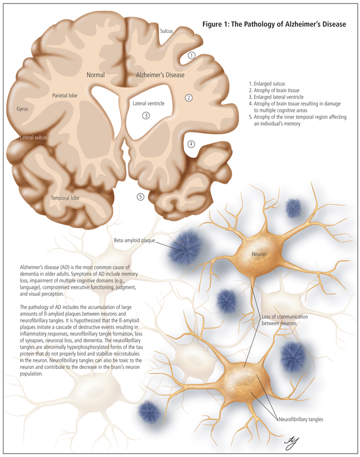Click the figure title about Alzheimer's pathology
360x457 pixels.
[274, 24]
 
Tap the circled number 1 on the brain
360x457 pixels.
[192, 55]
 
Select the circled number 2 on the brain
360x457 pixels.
[188, 97]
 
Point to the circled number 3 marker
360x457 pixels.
[146, 115]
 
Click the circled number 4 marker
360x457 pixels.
[191, 143]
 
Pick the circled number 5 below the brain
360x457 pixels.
[141, 197]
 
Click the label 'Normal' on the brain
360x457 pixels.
[96, 75]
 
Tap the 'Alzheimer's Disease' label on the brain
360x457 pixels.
[160, 75]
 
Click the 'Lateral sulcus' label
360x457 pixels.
[32, 138]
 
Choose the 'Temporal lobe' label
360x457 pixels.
[64, 198]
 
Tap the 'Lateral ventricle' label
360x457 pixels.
[149, 103]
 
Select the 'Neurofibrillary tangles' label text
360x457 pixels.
[301, 419]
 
